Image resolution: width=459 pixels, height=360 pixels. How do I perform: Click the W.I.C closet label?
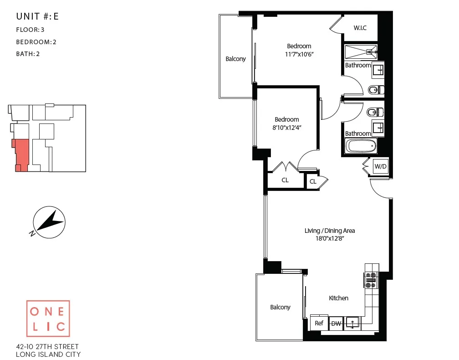360,28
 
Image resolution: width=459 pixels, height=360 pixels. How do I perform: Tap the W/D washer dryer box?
380,166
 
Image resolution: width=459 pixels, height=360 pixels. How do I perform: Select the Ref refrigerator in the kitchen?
319,323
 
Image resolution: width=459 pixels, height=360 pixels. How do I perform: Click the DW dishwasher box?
336,323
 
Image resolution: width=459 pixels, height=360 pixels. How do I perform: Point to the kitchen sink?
352,323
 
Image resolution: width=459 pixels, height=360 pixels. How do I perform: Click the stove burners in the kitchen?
371,279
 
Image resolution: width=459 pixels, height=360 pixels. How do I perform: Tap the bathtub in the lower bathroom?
361,147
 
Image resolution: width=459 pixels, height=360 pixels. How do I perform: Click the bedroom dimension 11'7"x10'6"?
299,54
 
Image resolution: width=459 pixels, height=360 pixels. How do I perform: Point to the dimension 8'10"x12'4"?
287,128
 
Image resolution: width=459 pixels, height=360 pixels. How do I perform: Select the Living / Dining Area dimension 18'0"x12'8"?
330,238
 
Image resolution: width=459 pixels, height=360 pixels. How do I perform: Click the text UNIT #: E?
37,17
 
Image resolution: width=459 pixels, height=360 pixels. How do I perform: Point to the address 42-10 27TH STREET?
47,347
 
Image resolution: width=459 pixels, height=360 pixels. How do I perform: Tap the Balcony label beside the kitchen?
280,307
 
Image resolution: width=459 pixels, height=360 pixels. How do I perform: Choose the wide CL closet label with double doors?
285,180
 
